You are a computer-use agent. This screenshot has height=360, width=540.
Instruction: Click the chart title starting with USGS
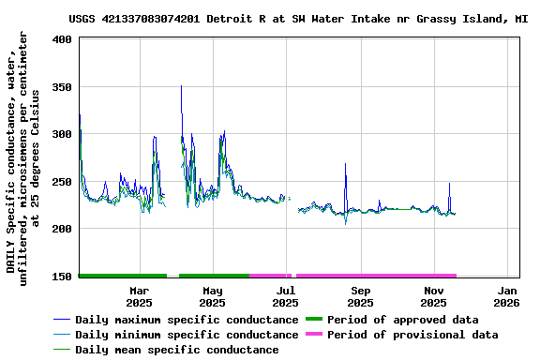click(297, 19)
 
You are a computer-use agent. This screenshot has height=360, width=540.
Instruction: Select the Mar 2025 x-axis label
click(139, 297)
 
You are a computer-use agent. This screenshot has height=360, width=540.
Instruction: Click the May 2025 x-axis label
click(212, 297)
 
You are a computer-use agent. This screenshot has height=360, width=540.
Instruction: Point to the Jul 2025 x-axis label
click(286, 297)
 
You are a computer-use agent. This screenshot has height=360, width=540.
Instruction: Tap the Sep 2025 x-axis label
click(360, 297)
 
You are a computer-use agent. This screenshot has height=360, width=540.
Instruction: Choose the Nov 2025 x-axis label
click(433, 297)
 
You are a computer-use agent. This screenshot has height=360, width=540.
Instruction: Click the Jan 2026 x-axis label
click(507, 297)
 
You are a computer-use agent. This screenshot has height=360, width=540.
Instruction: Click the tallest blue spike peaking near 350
click(181, 87)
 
